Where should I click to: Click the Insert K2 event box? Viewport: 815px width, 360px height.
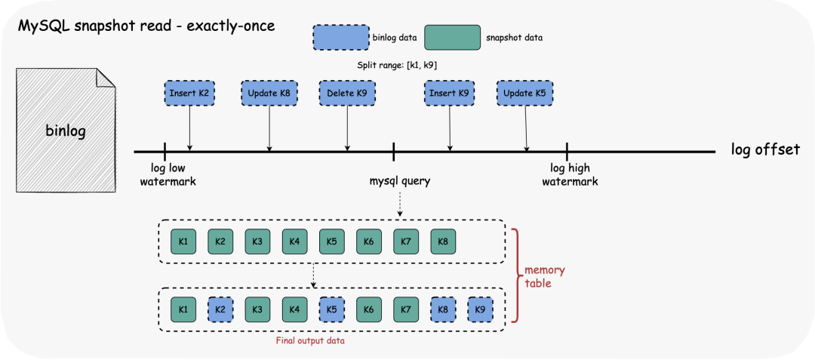(189, 94)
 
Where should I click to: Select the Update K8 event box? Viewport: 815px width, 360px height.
(268, 94)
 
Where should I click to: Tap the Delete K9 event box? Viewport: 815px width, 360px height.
(347, 94)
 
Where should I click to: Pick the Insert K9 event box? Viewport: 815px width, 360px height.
(449, 94)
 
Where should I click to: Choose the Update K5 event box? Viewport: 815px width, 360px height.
(524, 94)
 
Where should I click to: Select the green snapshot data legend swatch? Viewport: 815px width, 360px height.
(453, 37)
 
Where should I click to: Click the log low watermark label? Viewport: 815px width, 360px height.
(168, 175)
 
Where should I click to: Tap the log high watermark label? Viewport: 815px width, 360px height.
(570, 175)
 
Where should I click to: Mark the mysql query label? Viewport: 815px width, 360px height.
(400, 181)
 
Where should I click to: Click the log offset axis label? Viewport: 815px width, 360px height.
(764, 149)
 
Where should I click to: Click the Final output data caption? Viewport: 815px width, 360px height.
(312, 341)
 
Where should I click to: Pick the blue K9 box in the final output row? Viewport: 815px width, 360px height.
(480, 309)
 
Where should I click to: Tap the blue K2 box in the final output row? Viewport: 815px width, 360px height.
(220, 309)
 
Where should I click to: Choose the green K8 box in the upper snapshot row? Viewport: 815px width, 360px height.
(443, 242)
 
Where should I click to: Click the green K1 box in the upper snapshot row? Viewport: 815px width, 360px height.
(183, 242)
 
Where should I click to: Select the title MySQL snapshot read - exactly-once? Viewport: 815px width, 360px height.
(146, 26)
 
